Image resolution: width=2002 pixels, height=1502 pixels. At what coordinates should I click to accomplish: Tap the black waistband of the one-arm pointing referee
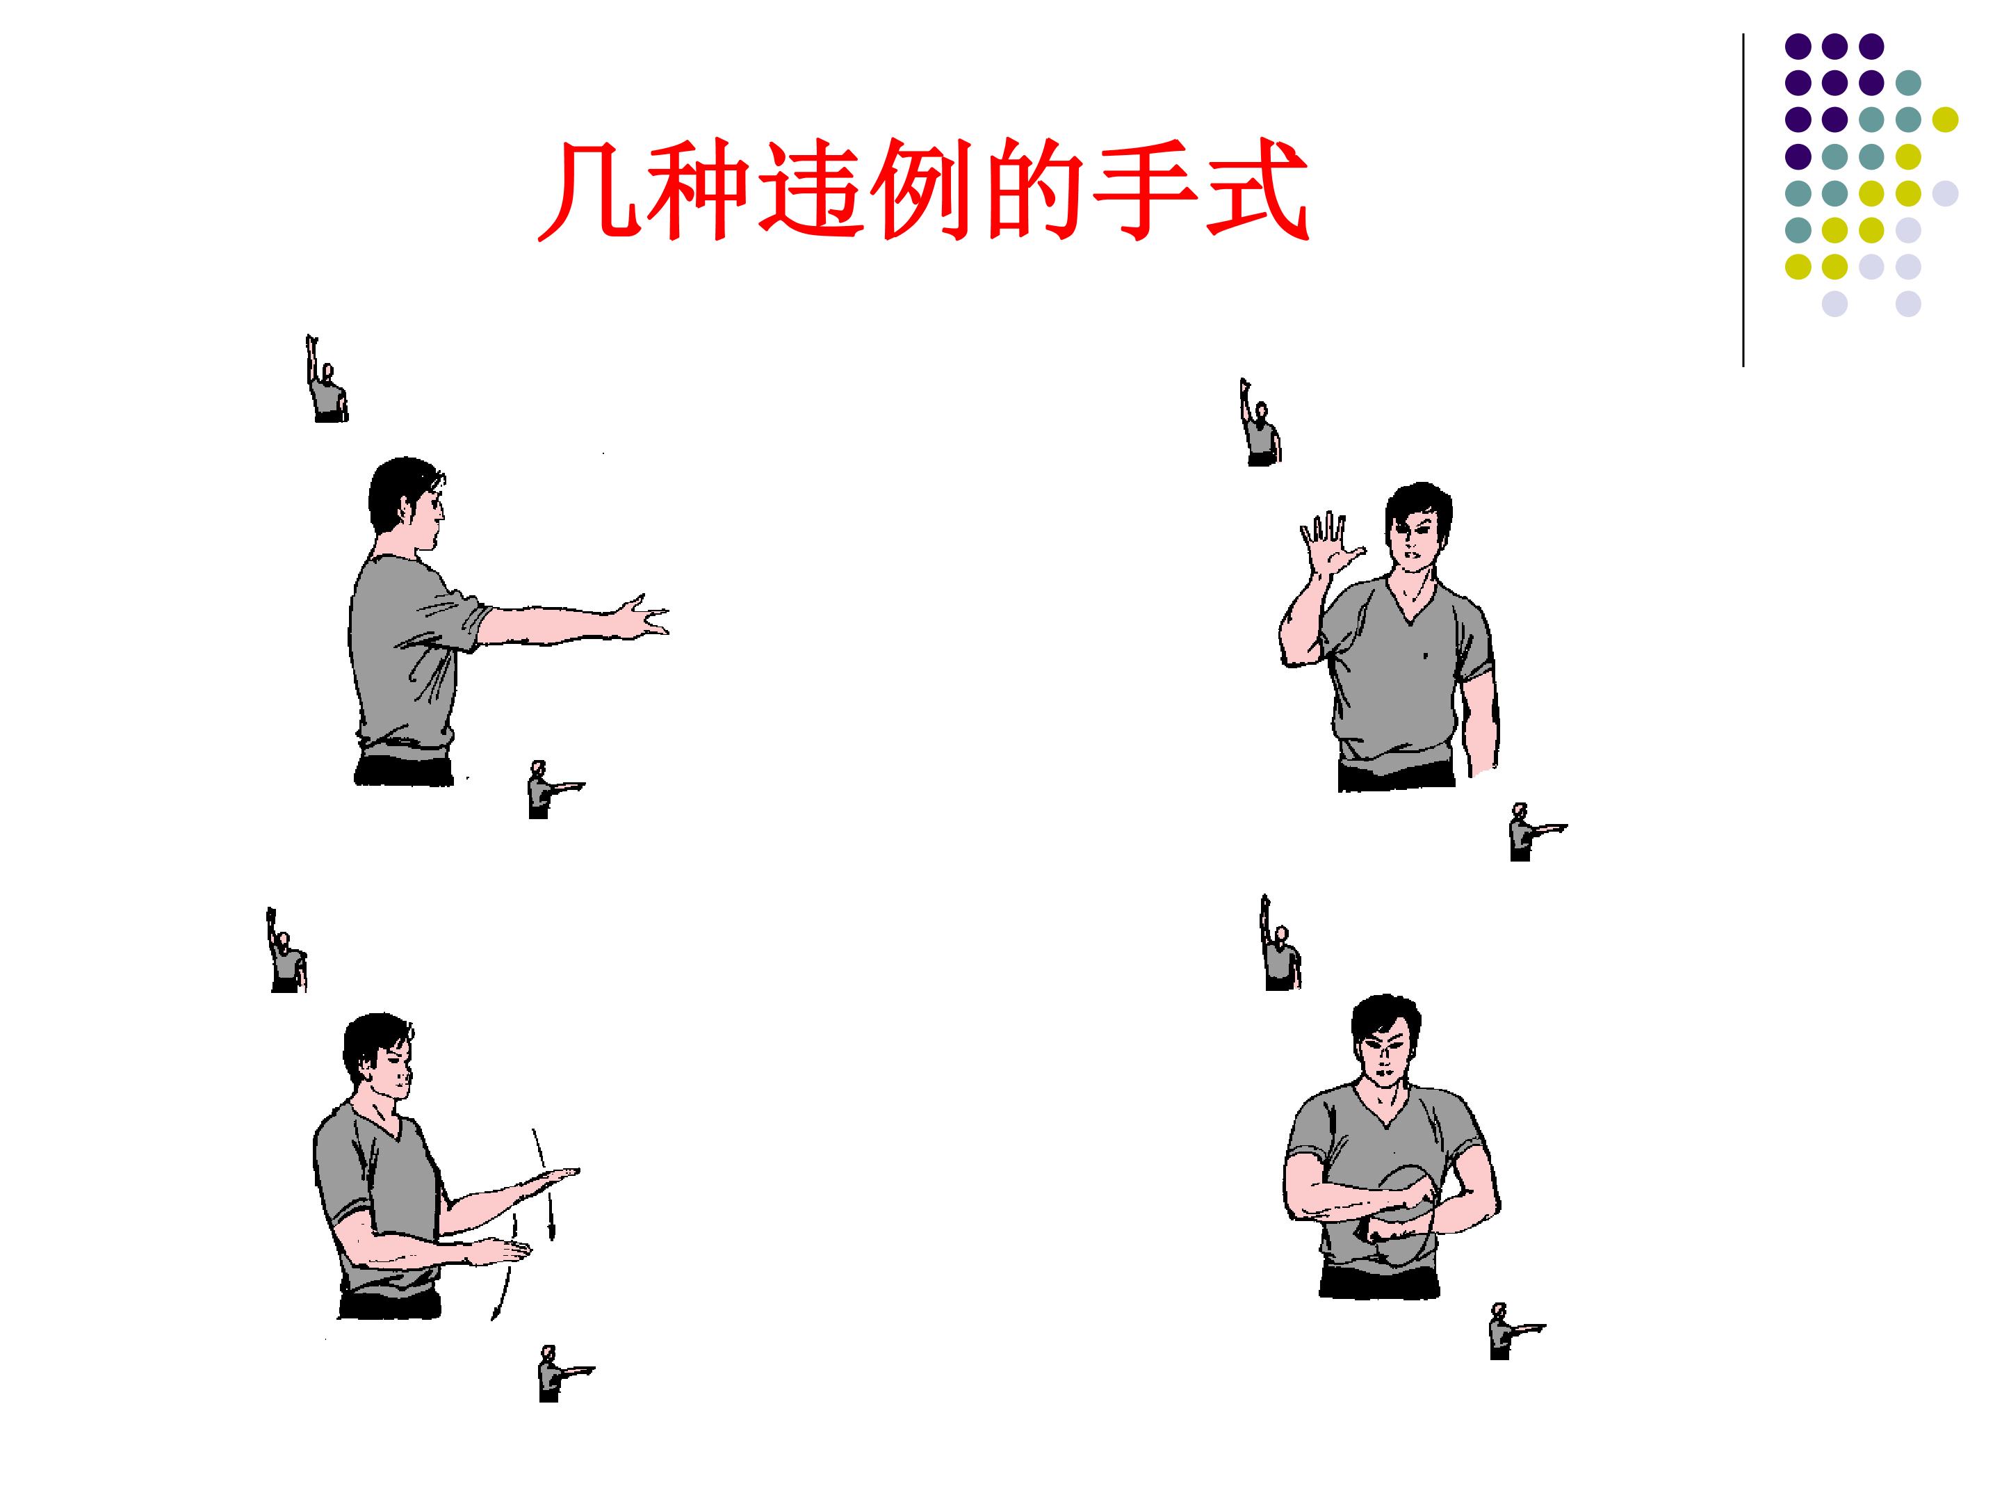[404, 770]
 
